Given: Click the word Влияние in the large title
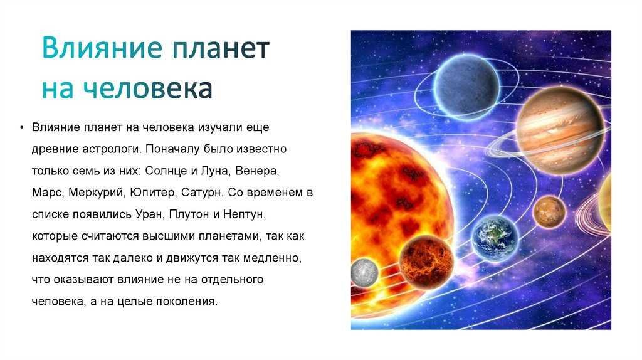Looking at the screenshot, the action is (x=102, y=48).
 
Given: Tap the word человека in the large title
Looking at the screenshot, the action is (x=148, y=88).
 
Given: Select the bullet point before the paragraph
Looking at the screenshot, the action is (x=22, y=127).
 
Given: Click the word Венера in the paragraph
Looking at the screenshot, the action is (x=256, y=171).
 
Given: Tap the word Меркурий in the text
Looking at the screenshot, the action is (x=96, y=193).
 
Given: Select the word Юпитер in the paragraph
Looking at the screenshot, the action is (x=153, y=193).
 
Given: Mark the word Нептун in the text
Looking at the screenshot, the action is (x=244, y=214).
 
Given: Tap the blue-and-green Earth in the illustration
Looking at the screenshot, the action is (x=495, y=238).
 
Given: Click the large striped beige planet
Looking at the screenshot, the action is (x=560, y=130).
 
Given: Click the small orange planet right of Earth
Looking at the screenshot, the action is (x=549, y=212).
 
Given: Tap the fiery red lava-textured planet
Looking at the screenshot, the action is (x=426, y=262).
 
